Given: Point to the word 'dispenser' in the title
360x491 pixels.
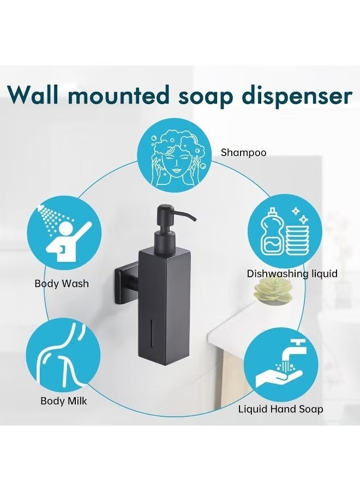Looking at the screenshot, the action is pos(297,96).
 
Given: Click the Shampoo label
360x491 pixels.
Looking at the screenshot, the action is pos(244,153).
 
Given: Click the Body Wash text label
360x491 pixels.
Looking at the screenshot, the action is pos(62,284).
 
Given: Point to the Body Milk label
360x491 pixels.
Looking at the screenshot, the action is pos(64,401).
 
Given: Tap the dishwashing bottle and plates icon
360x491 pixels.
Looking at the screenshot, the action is pos(285,232).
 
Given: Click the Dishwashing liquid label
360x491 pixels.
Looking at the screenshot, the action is pos(292,274).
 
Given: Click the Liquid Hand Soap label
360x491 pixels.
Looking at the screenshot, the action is pos(280,409).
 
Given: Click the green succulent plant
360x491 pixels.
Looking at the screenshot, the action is pos(272,291).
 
